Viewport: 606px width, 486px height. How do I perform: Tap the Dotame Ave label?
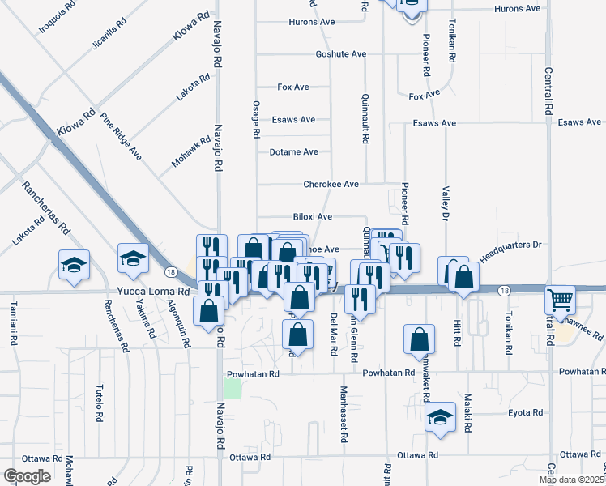(x=293, y=151)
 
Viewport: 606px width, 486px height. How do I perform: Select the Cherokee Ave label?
(x=331, y=185)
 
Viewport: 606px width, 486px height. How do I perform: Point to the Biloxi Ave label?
(x=313, y=217)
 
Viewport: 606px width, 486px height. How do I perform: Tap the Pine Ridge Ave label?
(x=122, y=136)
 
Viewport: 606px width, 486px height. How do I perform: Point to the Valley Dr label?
(x=445, y=202)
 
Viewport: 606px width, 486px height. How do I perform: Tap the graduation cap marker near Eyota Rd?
(x=440, y=418)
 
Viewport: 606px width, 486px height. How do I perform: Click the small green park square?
(x=233, y=388)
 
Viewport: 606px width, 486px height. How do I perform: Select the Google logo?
(x=26, y=475)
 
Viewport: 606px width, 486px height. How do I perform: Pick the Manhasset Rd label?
(x=344, y=416)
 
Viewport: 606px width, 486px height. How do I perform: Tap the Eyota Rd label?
(x=525, y=412)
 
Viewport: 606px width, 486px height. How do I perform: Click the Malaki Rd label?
(x=467, y=412)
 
